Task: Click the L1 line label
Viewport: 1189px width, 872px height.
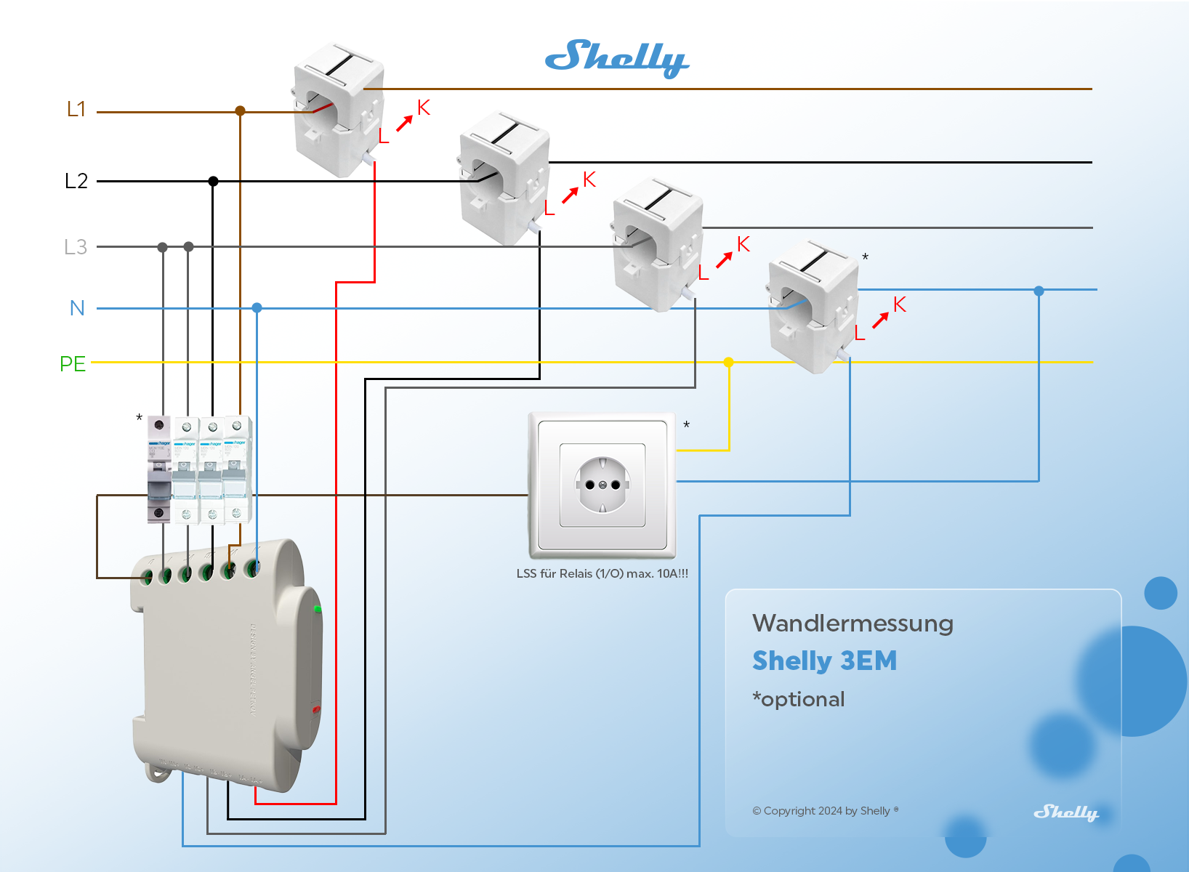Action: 76,109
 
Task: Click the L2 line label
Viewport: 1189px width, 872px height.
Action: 76,181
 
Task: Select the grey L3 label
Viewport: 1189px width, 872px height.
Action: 76,247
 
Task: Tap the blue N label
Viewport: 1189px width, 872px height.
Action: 77,308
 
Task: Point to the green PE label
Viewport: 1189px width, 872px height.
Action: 73,363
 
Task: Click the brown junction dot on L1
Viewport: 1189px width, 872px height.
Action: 240,110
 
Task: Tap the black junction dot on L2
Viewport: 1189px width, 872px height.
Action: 213,181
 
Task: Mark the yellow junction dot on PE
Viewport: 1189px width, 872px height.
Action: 728,362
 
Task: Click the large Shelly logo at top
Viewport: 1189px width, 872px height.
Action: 616,58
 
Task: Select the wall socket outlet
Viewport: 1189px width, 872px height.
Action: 602,485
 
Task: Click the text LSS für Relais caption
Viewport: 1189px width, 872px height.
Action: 602,573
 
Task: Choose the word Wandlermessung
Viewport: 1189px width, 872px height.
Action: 853,623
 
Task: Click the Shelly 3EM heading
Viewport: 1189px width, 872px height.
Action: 824,661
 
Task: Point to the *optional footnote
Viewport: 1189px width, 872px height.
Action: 799,699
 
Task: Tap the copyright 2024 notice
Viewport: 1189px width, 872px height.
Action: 825,811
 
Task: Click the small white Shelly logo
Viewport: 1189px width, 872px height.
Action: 1065,812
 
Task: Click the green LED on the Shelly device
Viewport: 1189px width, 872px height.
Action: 317,608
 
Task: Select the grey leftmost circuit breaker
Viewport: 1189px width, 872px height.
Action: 159,469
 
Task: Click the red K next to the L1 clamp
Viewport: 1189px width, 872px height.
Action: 424,108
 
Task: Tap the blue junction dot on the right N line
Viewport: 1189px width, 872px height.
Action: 1039,291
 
